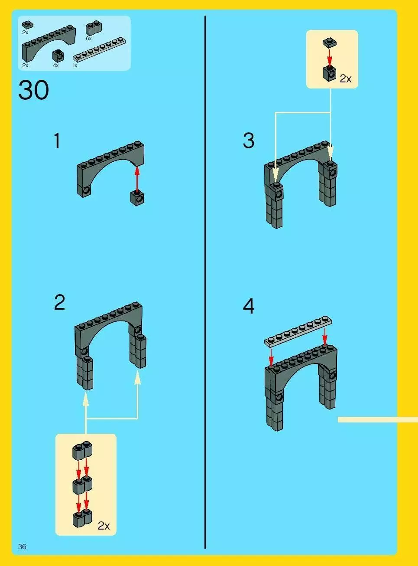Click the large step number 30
tap(33, 90)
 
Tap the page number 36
tap(22, 546)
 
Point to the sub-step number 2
tap(59, 302)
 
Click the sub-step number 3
tap(249, 141)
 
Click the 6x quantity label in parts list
tap(89, 39)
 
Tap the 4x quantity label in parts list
tap(56, 65)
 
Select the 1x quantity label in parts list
tap(75, 65)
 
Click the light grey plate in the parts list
tap(100, 49)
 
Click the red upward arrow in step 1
tap(137, 179)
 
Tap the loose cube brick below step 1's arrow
tap(137, 198)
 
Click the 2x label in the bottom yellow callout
tap(104, 526)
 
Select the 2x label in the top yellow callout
tap(346, 79)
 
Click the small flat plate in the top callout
tap(330, 43)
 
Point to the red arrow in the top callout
tap(330, 57)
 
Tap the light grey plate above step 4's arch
tap(298, 331)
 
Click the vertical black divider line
tap(205, 282)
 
